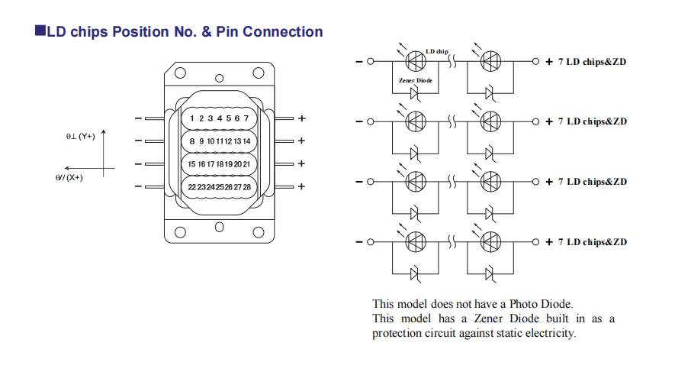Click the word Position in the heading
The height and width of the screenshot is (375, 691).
point(141,32)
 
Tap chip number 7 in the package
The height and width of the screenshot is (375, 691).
point(246,118)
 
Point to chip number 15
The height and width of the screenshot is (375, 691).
point(192,164)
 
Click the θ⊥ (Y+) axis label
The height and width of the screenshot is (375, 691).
point(80,136)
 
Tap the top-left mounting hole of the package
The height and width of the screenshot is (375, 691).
point(180,74)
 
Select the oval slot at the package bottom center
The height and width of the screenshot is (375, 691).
point(219,227)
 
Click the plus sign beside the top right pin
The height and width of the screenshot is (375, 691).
point(301,119)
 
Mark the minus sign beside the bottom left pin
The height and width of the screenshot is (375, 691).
point(137,187)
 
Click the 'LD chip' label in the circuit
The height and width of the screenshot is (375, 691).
point(437,51)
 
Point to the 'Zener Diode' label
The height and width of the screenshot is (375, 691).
point(415,80)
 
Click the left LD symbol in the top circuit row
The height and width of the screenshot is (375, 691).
point(416,61)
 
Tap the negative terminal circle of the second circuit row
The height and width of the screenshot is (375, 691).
point(371,121)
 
